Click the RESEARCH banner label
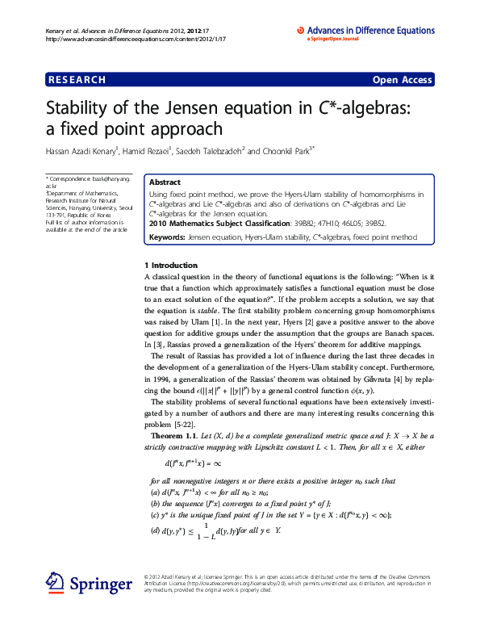(77, 80)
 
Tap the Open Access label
(402, 80)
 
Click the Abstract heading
(165, 183)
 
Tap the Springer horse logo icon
(55, 582)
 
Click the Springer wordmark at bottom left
(100, 585)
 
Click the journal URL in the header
(135, 39)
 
